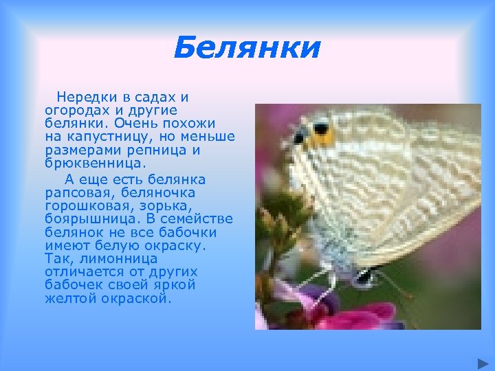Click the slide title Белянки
[x=247, y=49]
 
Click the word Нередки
[x=82, y=98]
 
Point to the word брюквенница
[x=94, y=164]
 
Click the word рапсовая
[x=73, y=193]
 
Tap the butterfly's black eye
[x=320, y=128]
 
